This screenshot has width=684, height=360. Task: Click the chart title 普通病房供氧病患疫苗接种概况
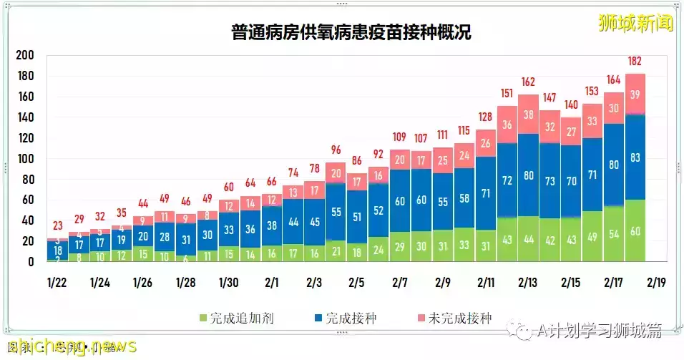pos(351,33)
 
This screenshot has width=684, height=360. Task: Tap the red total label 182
pos(635,61)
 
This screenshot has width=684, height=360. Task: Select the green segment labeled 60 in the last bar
pos(635,230)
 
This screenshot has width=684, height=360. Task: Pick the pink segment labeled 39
pos(635,94)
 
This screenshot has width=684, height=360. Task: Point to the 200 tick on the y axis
pos(25,56)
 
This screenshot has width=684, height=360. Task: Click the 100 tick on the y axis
pos(25,159)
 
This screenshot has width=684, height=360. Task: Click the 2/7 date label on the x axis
pos(400,282)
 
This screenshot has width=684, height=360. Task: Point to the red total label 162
pos(529,82)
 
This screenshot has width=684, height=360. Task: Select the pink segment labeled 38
pos(529,115)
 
